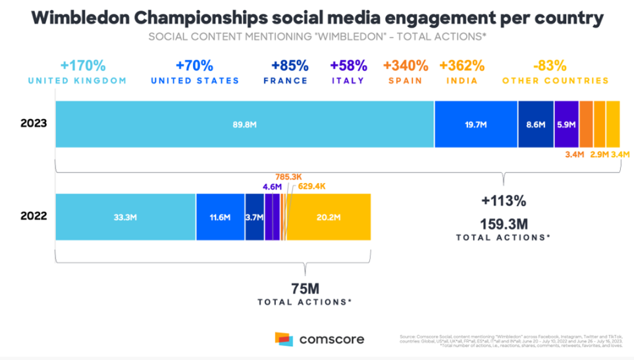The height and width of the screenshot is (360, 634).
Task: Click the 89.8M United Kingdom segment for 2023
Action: click(244, 124)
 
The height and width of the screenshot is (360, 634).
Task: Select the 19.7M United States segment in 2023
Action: click(475, 124)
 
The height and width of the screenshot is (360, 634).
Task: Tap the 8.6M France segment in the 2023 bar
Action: click(535, 124)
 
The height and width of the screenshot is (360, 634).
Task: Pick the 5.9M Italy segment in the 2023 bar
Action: click(566, 124)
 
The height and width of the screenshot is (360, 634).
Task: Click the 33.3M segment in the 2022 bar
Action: click(125, 217)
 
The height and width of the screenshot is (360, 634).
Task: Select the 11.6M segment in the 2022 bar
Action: click(220, 217)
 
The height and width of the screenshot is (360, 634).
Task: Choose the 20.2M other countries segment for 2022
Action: click(329, 217)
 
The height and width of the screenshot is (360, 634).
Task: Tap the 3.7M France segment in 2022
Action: click(254, 217)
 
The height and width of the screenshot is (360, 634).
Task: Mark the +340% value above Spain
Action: click(406, 66)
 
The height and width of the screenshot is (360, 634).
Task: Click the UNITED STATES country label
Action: click(195, 81)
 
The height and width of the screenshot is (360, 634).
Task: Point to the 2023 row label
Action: click(34, 123)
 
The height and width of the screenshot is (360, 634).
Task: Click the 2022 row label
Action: click(34, 216)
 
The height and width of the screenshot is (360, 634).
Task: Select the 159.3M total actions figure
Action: click(502, 222)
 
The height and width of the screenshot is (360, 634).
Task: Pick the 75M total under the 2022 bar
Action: click(304, 288)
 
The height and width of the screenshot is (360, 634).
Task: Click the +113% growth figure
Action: click(502, 201)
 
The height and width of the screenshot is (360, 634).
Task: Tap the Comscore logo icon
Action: click(284, 340)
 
